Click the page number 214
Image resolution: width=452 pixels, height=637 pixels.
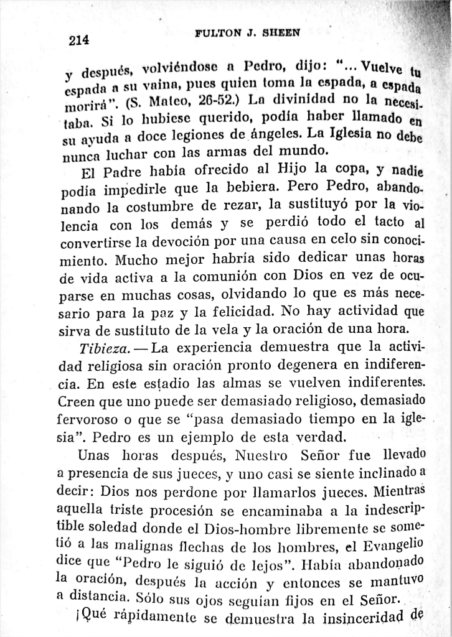[x=79, y=40]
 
